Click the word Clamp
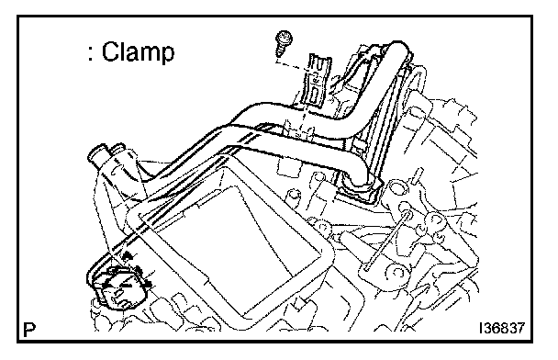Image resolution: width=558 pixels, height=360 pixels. pyautogui.click(x=138, y=52)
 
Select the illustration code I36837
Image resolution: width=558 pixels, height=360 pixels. pyautogui.click(x=502, y=328)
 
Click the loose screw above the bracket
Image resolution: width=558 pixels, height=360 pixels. pyautogui.click(x=284, y=42)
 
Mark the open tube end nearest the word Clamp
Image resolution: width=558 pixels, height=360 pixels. pyautogui.click(x=95, y=152)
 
